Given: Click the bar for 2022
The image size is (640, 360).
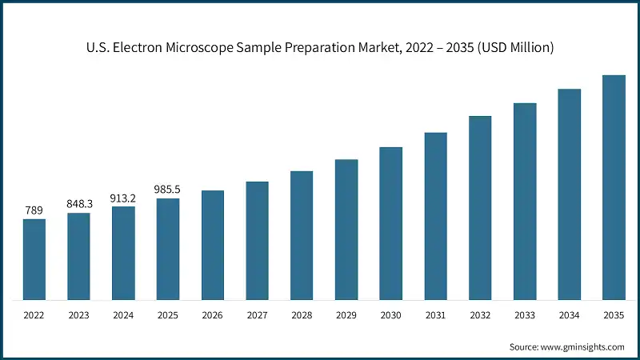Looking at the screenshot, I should click(x=34, y=259).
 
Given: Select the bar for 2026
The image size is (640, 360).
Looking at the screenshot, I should click(x=213, y=245).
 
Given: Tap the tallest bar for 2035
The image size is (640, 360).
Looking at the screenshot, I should click(x=614, y=187).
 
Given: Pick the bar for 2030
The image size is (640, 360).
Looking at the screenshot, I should click(x=390, y=223).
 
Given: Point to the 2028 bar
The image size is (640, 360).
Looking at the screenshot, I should click(x=302, y=235).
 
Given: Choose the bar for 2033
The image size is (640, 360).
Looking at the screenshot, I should click(x=524, y=202).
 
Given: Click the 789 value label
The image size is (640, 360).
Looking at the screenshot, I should click(x=34, y=210).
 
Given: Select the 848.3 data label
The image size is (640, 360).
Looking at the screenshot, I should click(x=79, y=204).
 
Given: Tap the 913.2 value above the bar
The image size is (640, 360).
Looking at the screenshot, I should click(x=123, y=198).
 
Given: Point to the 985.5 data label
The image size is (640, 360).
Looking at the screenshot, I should click(x=168, y=190).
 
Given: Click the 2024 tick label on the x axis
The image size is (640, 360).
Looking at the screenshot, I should click(x=123, y=316).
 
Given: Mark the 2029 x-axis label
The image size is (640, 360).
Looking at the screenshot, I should click(x=346, y=316).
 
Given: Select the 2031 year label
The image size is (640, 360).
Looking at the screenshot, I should click(x=435, y=316).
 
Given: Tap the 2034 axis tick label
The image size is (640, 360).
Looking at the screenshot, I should click(x=569, y=316).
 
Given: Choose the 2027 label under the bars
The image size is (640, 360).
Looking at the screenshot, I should click(x=257, y=316).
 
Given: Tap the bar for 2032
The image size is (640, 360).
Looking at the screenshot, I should click(x=480, y=208).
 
